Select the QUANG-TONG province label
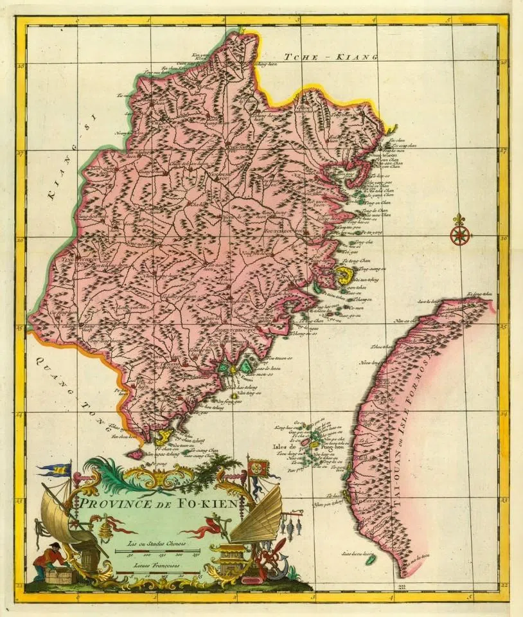click(x=65, y=385)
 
